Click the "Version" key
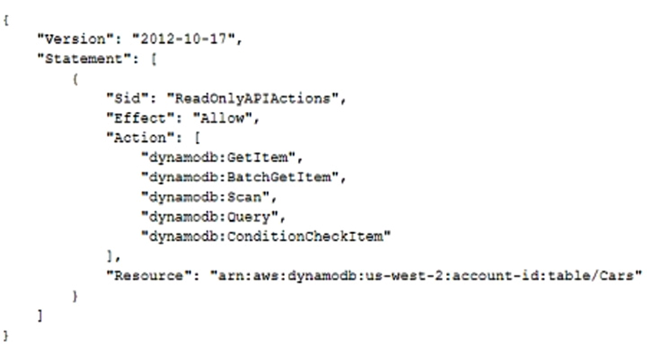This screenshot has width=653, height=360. pyautogui.click(x=75, y=39)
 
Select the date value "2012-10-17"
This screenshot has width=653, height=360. pyautogui.click(x=184, y=39)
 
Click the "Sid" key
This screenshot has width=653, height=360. pyautogui.click(x=127, y=98)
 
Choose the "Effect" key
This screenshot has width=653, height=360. pyautogui.click(x=140, y=118)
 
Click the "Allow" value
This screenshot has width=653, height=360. pyautogui.click(x=223, y=118)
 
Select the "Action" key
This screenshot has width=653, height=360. pyautogui.click(x=140, y=138)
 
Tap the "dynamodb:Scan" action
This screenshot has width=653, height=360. pyautogui.click(x=205, y=197)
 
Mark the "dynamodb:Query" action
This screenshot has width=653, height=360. pyautogui.click(x=209, y=217)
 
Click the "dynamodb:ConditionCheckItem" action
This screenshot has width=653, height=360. pyautogui.click(x=266, y=236)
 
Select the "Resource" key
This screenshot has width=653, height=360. pyautogui.click(x=149, y=276)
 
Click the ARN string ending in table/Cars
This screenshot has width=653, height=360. pyautogui.click(x=426, y=276)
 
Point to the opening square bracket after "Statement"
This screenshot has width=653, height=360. pyautogui.click(x=154, y=59)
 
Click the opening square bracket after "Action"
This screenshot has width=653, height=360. pyautogui.click(x=197, y=138)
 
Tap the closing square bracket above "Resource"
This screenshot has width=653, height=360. pyautogui.click(x=110, y=256)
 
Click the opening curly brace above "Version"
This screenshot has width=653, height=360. pyautogui.click(x=6, y=20)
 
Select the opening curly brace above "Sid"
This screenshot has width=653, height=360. pyautogui.click(x=75, y=79)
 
